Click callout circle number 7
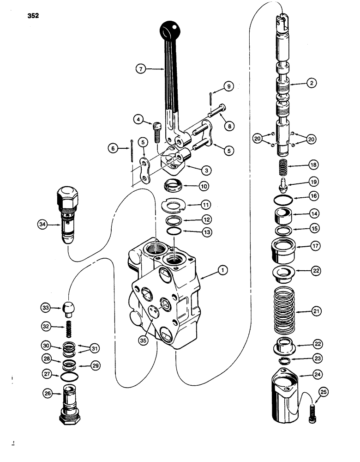pyautogui.click(x=141, y=69)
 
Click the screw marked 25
pyautogui.click(x=312, y=412)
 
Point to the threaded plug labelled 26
pyautogui.click(x=69, y=403)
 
